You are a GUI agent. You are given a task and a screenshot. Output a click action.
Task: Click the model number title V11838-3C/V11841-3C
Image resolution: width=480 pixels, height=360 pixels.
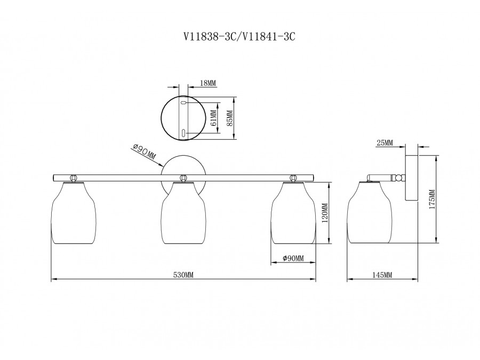pyautogui.click(x=239, y=37)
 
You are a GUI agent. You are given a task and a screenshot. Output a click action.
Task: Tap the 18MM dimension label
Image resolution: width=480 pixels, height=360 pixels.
pyautogui.click(x=208, y=83)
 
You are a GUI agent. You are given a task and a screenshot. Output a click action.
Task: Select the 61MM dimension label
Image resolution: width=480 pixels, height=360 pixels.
pyautogui.click(x=213, y=118)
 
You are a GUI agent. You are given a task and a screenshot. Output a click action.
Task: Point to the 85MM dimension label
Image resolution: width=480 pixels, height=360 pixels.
pyautogui.click(x=230, y=118)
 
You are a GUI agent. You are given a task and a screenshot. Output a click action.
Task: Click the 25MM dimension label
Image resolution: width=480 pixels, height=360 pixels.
pyautogui.click(x=385, y=142)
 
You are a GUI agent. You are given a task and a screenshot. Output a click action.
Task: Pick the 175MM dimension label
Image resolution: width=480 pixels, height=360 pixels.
pyautogui.click(x=431, y=199)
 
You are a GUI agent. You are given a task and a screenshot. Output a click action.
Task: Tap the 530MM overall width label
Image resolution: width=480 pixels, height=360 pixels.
pyautogui.click(x=183, y=275)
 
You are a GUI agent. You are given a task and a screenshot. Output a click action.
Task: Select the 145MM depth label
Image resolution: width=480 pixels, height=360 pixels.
pyautogui.click(x=382, y=275)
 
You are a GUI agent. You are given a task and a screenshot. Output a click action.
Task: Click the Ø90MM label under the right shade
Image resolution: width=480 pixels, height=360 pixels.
pyautogui.click(x=293, y=258)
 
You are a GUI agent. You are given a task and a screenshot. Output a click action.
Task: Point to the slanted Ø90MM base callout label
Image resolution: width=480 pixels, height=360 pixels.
pyautogui.click(x=144, y=151)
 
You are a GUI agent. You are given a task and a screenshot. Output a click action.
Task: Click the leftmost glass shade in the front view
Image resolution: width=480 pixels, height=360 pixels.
pyautogui.click(x=73, y=213)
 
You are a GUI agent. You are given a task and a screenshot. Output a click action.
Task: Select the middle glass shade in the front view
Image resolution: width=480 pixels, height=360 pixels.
pyautogui.click(x=183, y=213)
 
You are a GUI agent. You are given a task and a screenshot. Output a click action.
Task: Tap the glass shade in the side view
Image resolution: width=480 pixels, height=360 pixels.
pyautogui.click(x=370, y=212)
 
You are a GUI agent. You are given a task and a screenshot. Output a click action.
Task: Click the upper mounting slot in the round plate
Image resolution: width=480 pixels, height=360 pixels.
pyautogui.click(x=183, y=103)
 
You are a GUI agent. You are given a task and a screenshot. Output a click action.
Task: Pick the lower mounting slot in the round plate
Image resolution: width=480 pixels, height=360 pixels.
pyautogui.click(x=183, y=133)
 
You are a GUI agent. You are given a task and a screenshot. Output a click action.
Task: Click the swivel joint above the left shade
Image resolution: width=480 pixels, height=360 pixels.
pyautogui.click(x=73, y=178)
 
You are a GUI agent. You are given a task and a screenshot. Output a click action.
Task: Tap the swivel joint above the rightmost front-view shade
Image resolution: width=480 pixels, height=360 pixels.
pyautogui.click(x=293, y=178)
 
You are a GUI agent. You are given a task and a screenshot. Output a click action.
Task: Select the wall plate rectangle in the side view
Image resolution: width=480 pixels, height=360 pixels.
pyautogui.click(x=412, y=178)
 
